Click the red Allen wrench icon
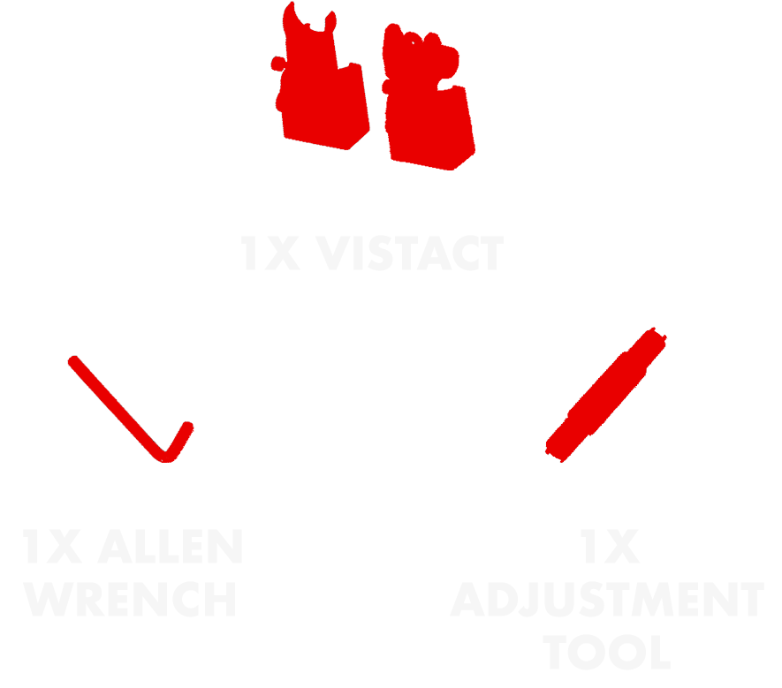(133, 411)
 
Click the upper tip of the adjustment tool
(657, 336)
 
